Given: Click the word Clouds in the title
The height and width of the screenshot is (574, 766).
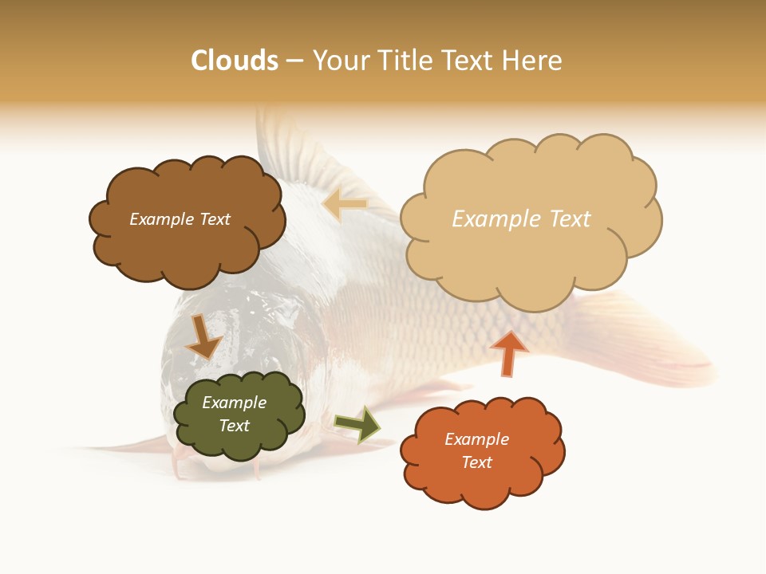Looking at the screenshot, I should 235,61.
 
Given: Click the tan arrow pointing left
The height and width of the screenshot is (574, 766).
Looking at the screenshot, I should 345,205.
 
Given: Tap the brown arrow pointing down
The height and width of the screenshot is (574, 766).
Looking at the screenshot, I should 203,336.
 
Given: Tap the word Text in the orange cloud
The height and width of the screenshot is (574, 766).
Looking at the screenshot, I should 476,462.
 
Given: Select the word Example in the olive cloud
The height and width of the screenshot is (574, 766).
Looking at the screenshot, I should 234,403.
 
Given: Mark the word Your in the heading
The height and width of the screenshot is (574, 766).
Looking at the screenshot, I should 340,61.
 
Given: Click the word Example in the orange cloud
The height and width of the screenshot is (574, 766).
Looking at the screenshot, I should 476,439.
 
